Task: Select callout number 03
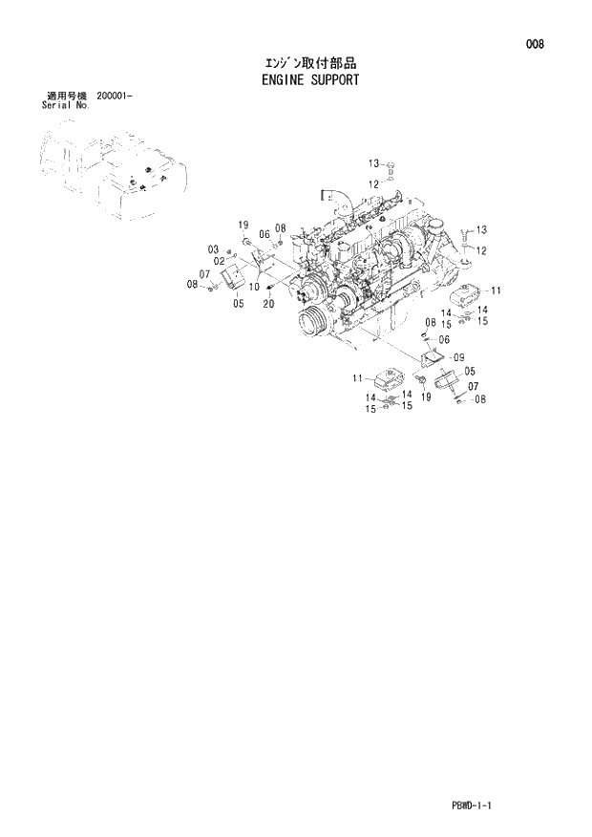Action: tap(214, 249)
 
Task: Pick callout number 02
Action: tap(219, 261)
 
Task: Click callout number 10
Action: tap(254, 287)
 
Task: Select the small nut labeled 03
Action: tap(232, 253)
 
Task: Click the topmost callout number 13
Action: tap(374, 162)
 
